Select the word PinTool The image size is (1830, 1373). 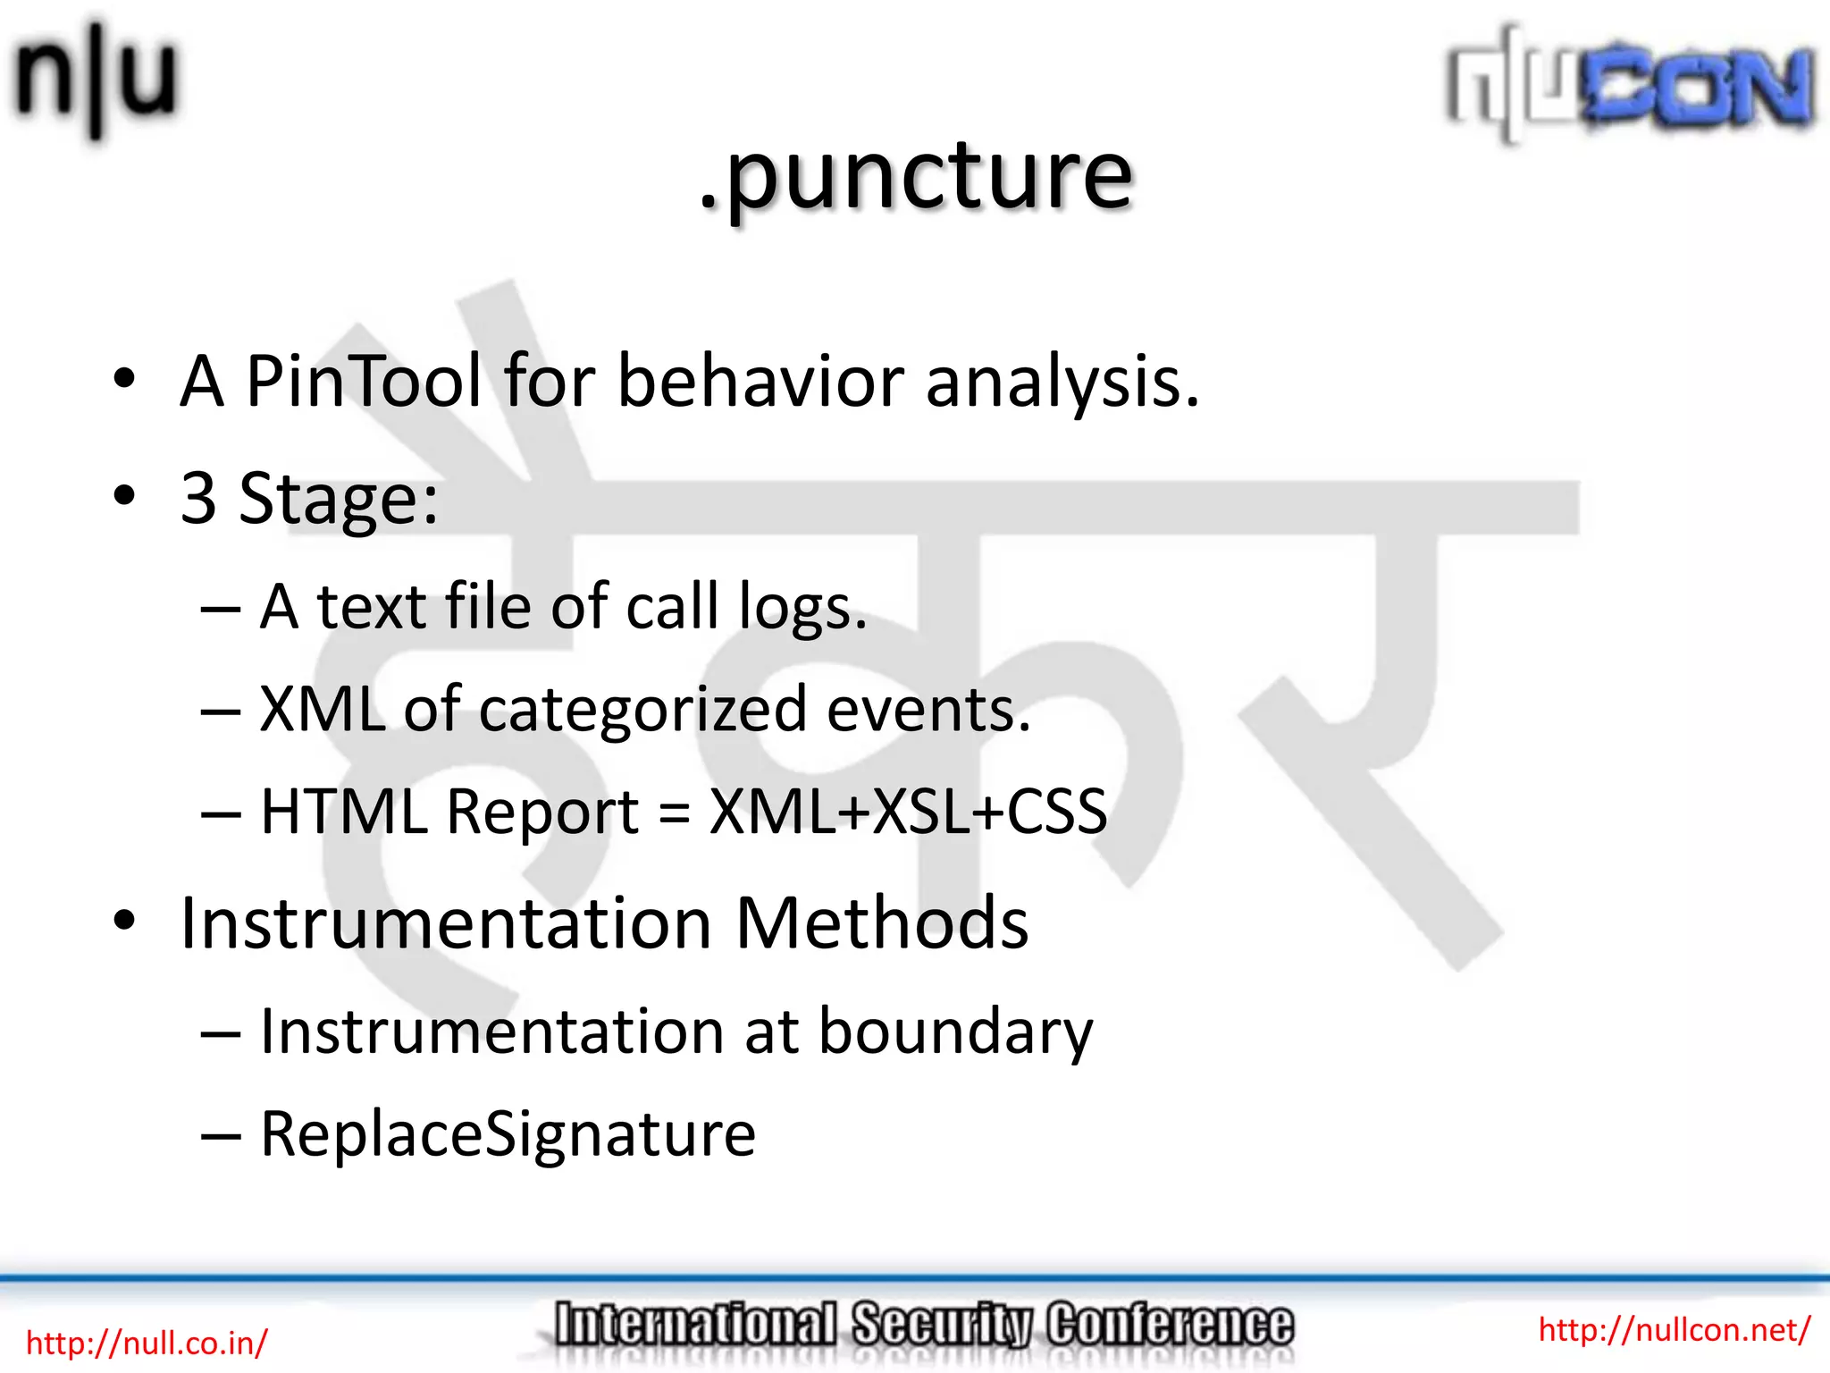[363, 382]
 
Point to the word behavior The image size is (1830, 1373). [760, 382]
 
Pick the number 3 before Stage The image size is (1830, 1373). [198, 498]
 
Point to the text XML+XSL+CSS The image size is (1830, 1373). [908, 813]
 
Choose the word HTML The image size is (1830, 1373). [344, 813]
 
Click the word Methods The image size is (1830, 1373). [881, 923]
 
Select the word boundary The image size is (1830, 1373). [955, 1033]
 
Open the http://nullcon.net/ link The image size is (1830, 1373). [1674, 1329]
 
